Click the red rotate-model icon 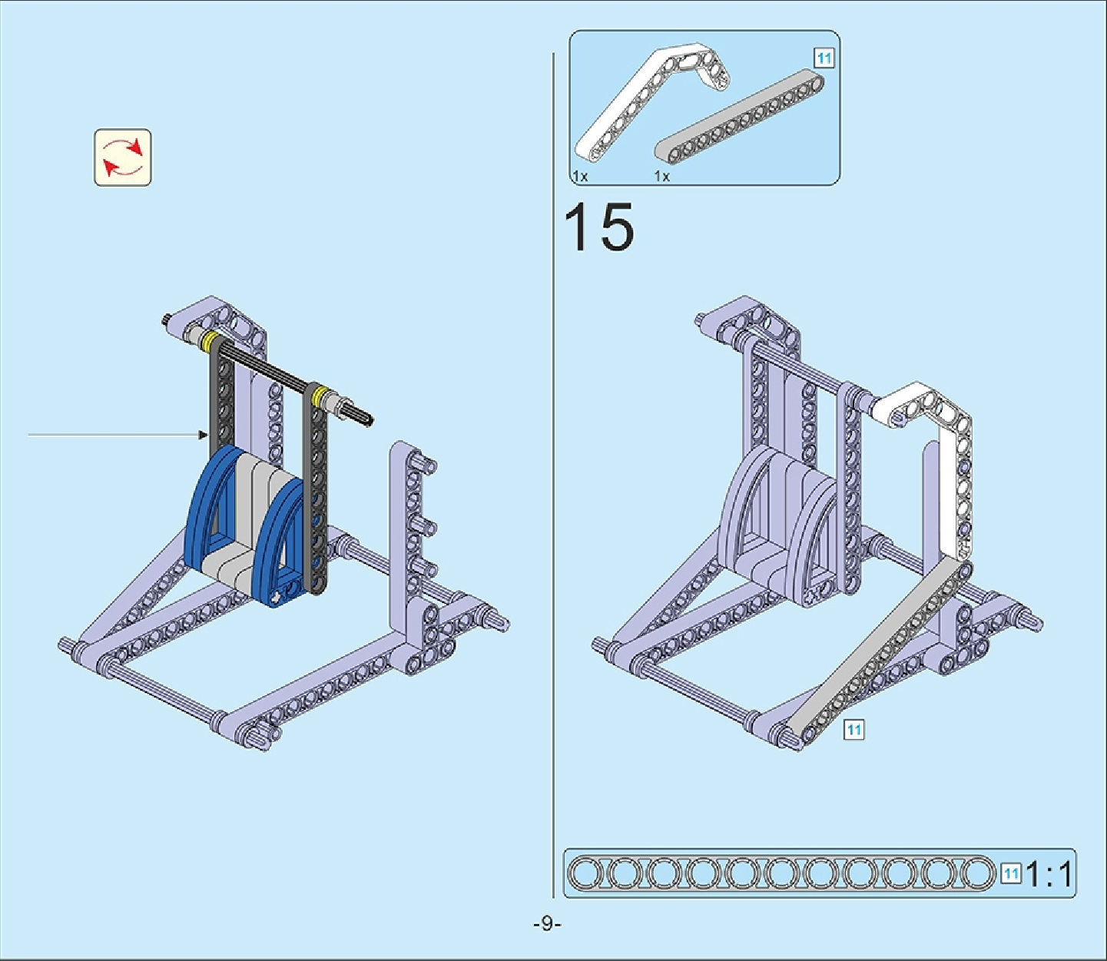pyautogui.click(x=123, y=157)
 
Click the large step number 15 pyautogui.click(x=599, y=227)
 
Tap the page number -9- pyautogui.click(x=547, y=923)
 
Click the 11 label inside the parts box pyautogui.click(x=824, y=58)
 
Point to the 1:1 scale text pyautogui.click(x=1049, y=874)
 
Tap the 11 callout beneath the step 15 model pyautogui.click(x=853, y=730)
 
